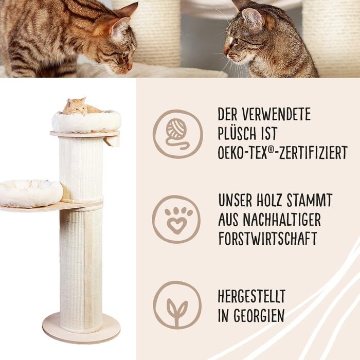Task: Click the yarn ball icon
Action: tap(178, 134)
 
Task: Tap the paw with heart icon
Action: tap(176, 220)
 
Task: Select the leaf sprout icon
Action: tap(177, 305)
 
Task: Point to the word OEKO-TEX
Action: tap(242, 152)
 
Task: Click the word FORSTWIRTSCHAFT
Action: tap(268, 238)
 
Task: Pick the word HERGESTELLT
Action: tap(251, 296)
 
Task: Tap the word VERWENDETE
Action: tap(276, 114)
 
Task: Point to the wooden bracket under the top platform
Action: tap(112, 141)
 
